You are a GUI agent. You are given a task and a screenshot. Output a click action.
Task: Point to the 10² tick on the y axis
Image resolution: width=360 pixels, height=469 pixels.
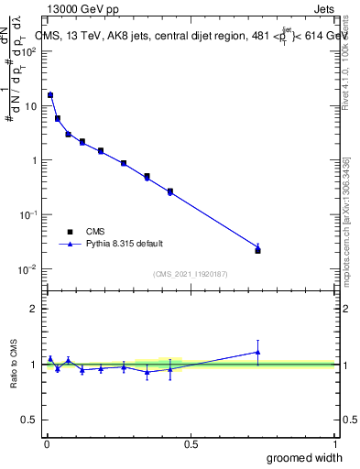(x=28, y=51)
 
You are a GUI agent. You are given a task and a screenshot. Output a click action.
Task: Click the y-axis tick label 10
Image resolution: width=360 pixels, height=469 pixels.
(x=31, y=105)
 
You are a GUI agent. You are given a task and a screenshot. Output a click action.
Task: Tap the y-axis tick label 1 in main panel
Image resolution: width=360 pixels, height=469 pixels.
(x=34, y=160)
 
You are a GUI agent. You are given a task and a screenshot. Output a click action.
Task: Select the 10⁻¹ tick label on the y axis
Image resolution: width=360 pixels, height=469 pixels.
(x=28, y=214)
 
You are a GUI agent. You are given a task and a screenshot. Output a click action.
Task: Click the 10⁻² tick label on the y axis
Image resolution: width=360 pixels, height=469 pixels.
(x=28, y=269)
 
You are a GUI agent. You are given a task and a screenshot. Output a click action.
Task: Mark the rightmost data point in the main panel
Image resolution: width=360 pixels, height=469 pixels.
(x=257, y=249)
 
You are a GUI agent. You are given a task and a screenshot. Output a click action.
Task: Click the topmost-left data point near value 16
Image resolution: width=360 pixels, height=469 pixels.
(x=50, y=94)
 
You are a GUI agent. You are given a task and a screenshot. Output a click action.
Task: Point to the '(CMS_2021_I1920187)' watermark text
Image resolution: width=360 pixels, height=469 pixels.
(x=191, y=273)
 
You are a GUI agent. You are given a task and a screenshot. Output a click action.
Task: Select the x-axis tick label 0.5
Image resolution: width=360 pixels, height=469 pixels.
(x=191, y=442)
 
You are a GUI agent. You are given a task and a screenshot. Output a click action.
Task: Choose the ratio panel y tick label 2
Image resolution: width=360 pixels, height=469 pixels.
(x=34, y=309)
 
